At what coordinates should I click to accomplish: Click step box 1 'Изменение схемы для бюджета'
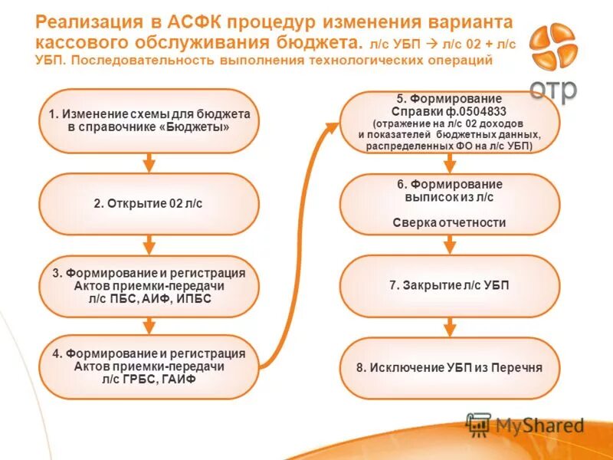149,120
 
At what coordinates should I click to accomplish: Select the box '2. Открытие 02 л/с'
149,203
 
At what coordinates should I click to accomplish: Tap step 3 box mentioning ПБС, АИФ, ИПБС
149,286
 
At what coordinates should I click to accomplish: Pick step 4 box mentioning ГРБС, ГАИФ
149,367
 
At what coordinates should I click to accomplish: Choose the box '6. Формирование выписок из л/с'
450,204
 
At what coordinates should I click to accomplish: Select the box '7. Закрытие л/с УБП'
450,285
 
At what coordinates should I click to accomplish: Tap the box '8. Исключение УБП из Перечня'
450,367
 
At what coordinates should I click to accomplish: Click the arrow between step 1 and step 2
149,162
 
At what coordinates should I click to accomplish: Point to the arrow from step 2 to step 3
149,245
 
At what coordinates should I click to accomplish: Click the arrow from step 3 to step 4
149,326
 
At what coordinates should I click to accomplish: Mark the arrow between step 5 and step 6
450,163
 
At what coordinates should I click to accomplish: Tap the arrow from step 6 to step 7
450,244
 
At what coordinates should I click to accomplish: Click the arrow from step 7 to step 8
450,326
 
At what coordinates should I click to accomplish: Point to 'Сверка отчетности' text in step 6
450,223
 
